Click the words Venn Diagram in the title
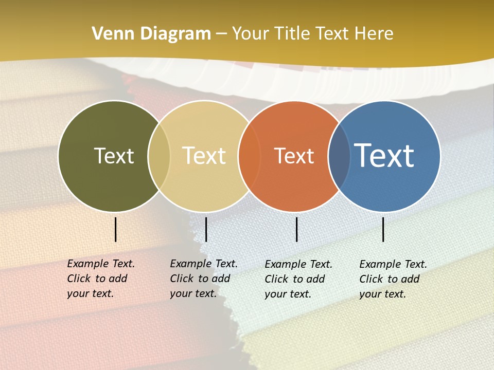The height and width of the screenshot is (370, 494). click(151, 34)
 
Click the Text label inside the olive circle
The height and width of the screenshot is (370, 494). click(114, 156)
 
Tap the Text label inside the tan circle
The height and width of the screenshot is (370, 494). click(204, 156)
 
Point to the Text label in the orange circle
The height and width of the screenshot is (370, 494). click(294, 156)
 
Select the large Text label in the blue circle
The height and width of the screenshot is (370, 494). click(384, 155)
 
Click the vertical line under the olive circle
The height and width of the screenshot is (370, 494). click(116, 229)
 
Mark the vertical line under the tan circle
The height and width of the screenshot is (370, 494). click(206, 229)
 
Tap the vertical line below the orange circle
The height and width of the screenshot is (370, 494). click(297, 229)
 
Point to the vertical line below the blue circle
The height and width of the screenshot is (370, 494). click(383, 229)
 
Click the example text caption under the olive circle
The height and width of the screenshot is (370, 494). click(101, 279)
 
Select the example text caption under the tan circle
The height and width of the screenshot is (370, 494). click(204, 279)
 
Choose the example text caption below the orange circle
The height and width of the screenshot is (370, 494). click(298, 279)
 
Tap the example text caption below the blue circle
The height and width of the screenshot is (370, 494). click(393, 279)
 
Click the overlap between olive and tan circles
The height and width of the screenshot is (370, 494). click(159, 156)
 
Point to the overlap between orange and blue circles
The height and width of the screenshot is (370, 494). click(339, 157)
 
